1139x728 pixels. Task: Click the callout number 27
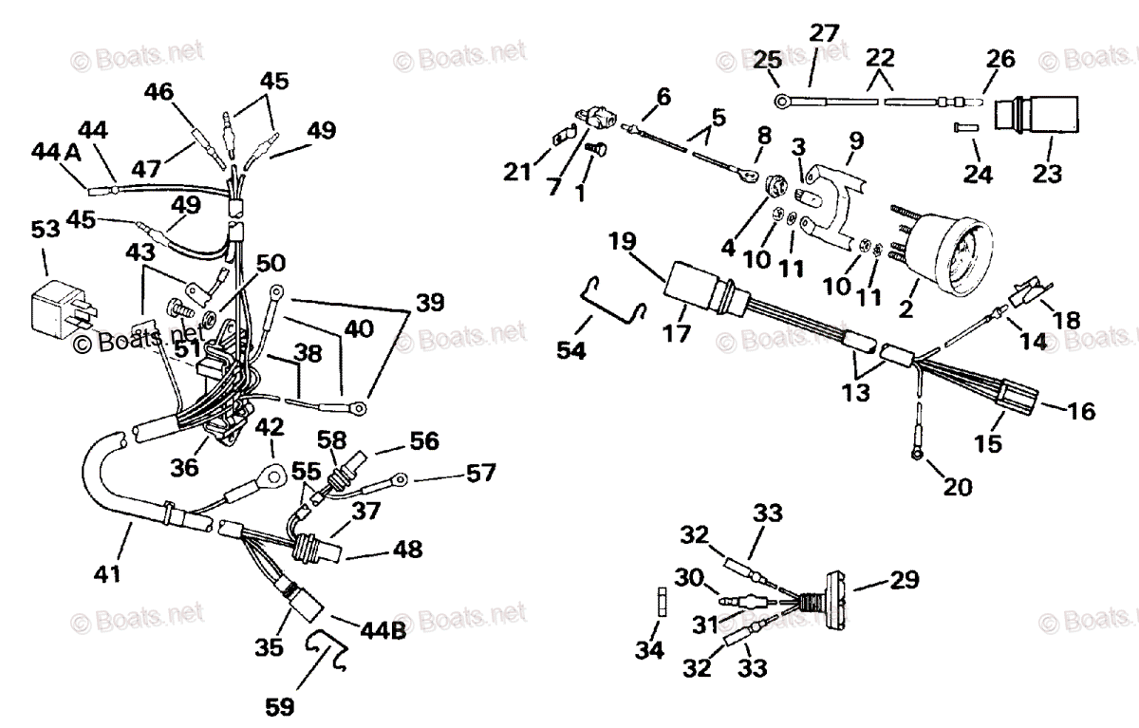click(x=824, y=33)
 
